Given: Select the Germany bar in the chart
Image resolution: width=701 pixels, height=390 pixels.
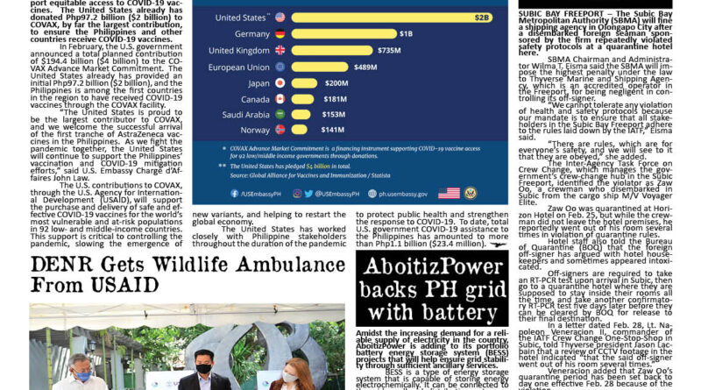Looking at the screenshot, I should (x=343, y=33).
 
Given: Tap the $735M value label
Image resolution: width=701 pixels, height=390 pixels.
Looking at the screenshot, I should (x=388, y=50).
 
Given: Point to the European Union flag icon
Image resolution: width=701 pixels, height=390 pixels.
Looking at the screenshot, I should (x=280, y=67).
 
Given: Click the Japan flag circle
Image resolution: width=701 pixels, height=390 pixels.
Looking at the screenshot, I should (x=280, y=83).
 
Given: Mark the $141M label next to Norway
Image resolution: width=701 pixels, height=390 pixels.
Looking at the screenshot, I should (x=333, y=130).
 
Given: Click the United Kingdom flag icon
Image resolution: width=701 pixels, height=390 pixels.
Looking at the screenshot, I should (x=280, y=50).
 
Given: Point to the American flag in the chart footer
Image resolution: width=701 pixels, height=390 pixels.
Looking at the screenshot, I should (x=450, y=193).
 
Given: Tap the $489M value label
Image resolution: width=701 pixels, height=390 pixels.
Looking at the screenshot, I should (x=365, y=67).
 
